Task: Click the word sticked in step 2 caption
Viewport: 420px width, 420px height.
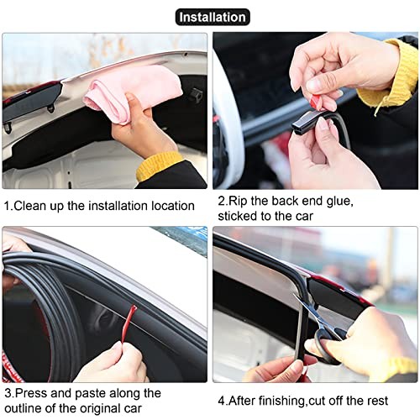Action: (239, 216)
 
